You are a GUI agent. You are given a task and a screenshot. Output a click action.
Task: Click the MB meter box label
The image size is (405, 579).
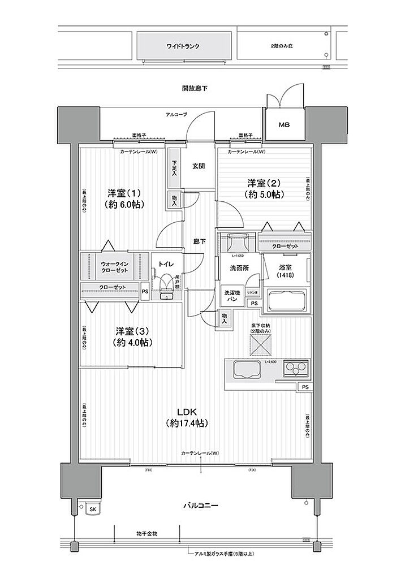pos(283,124)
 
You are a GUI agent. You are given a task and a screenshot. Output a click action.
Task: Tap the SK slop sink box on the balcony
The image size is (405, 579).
pos(92,509)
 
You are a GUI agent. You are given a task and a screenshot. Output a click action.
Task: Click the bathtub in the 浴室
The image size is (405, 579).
pos(287,301)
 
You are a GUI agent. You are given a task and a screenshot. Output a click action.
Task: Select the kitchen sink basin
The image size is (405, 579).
pos(245,370)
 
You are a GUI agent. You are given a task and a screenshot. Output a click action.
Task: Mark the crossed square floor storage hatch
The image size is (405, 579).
pos(260,343)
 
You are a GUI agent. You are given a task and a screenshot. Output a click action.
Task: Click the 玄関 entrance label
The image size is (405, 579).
pos(198,166)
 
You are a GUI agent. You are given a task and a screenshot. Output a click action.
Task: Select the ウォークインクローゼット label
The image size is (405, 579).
pos(114,267)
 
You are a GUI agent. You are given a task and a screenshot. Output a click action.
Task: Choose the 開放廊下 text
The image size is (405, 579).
pos(194,88)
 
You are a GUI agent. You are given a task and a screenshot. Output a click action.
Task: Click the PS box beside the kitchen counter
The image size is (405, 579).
pos(305,387)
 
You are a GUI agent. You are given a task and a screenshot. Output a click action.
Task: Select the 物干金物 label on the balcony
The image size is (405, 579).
pos(147,533)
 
